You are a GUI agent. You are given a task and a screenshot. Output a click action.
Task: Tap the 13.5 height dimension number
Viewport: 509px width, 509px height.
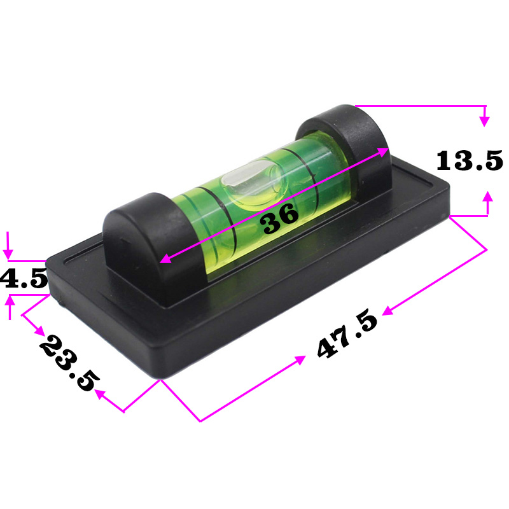click(x=469, y=160)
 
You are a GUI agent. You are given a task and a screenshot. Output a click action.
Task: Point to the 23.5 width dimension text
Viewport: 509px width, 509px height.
click(x=69, y=362)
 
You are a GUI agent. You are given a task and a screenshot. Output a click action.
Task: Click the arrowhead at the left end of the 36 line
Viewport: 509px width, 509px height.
click(x=164, y=260)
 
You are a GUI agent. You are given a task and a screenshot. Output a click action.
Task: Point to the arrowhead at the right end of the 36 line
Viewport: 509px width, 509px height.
click(x=385, y=151)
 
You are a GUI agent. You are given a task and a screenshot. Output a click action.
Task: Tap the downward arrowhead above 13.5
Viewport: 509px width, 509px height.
click(x=485, y=120)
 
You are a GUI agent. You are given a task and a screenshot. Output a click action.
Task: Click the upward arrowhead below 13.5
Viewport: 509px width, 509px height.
click(x=488, y=196)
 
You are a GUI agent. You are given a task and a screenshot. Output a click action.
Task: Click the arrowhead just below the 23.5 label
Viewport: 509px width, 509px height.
click(x=100, y=394)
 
